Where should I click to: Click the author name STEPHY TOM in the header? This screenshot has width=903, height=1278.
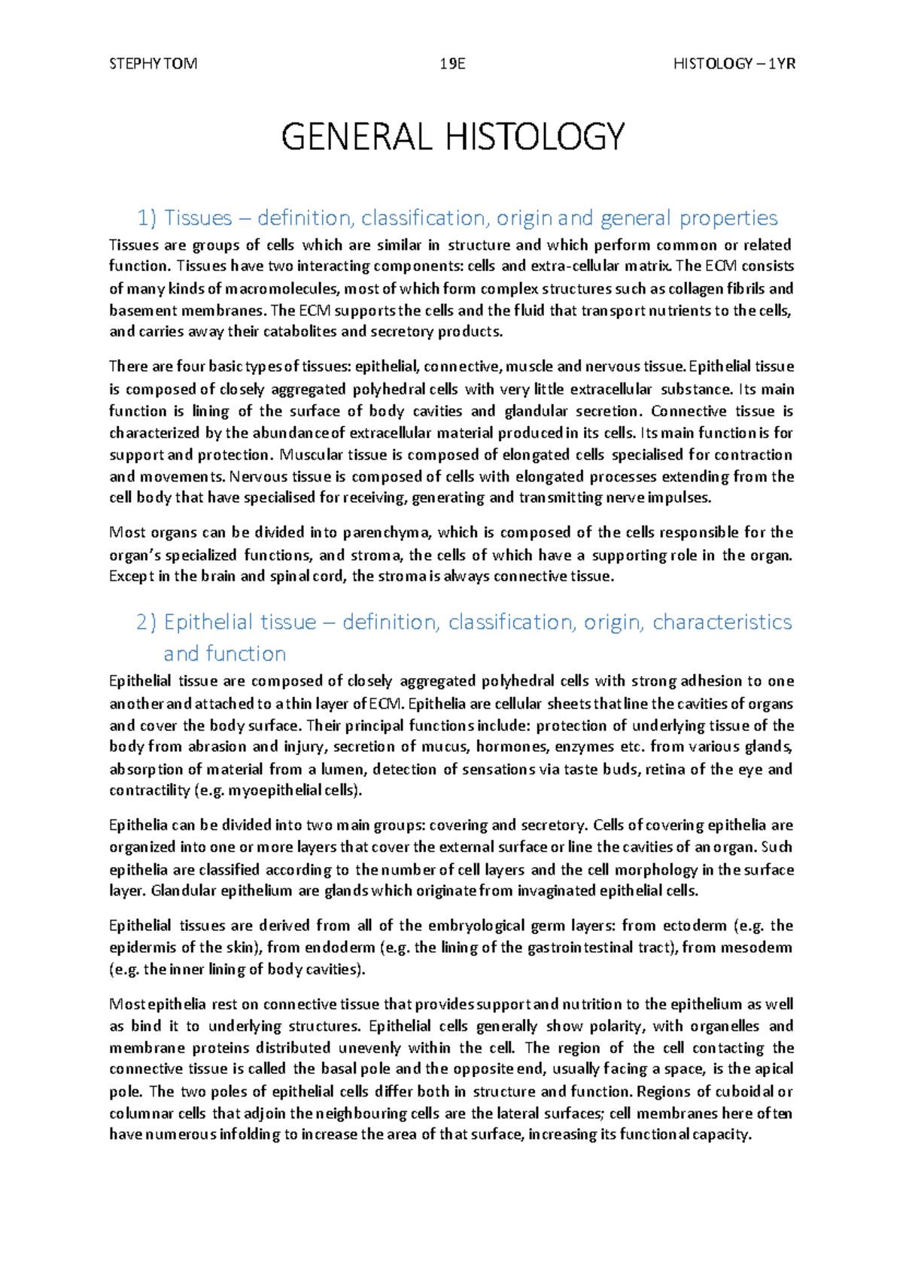point(153,64)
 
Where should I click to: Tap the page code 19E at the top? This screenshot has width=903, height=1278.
point(452,64)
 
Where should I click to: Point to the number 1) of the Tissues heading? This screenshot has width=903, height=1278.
point(147,218)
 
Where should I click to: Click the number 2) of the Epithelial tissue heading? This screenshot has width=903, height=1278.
point(147,622)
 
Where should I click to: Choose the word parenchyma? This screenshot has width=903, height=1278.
point(387,533)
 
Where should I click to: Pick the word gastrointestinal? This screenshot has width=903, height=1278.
point(579,948)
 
